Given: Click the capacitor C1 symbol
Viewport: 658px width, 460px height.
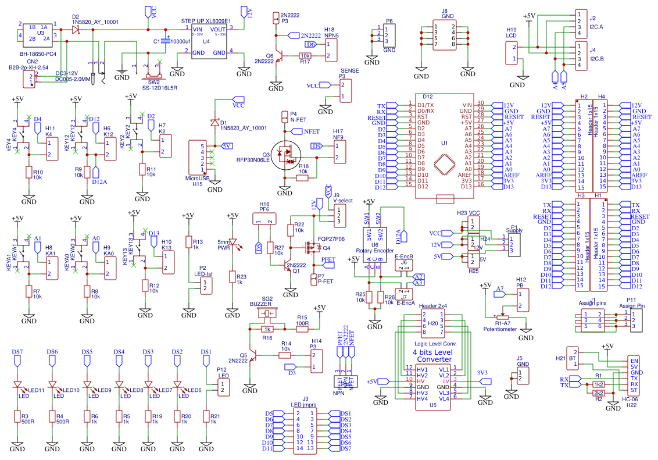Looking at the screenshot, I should [167, 42].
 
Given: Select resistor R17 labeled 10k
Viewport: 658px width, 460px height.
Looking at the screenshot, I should [305, 56].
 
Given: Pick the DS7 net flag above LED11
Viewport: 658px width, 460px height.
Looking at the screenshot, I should [17, 362].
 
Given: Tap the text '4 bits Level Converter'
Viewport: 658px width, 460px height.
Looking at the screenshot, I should [432, 356].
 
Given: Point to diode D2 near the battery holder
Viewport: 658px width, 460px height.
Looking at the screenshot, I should [76, 28].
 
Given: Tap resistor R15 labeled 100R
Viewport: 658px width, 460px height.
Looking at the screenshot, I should [302, 329].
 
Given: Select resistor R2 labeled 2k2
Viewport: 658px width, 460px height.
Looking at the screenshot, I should [598, 394].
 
